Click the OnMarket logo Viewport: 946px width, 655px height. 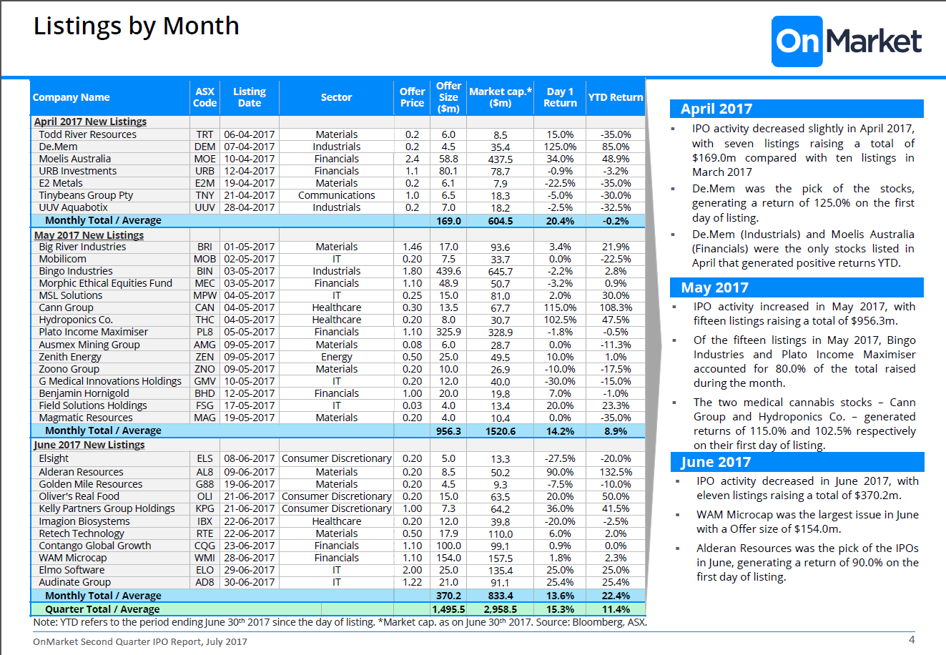(847, 41)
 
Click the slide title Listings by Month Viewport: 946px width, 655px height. (136, 26)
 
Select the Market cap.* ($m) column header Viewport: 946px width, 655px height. (500, 97)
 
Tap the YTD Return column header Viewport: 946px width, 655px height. (616, 97)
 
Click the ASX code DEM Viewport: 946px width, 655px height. (205, 147)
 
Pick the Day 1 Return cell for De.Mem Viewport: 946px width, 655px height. (560, 147)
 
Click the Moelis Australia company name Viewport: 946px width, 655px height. (75, 159)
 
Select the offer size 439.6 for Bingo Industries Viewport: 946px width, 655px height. (448, 271)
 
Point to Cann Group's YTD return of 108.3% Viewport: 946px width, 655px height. (616, 307)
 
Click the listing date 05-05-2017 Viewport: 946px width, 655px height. (249, 332)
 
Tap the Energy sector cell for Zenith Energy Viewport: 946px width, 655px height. (336, 358)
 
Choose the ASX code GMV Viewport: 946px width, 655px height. (205, 381)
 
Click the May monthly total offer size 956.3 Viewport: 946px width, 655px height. (448, 431)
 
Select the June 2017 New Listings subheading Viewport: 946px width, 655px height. (89, 445)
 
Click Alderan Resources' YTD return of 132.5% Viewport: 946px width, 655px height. (616, 472)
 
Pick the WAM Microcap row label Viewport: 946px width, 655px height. (73, 558)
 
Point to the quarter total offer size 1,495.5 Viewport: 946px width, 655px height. (448, 609)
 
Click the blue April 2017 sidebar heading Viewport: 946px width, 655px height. (797, 109)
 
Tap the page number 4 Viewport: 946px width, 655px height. (912, 640)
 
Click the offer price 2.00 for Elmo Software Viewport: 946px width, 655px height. (412, 570)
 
